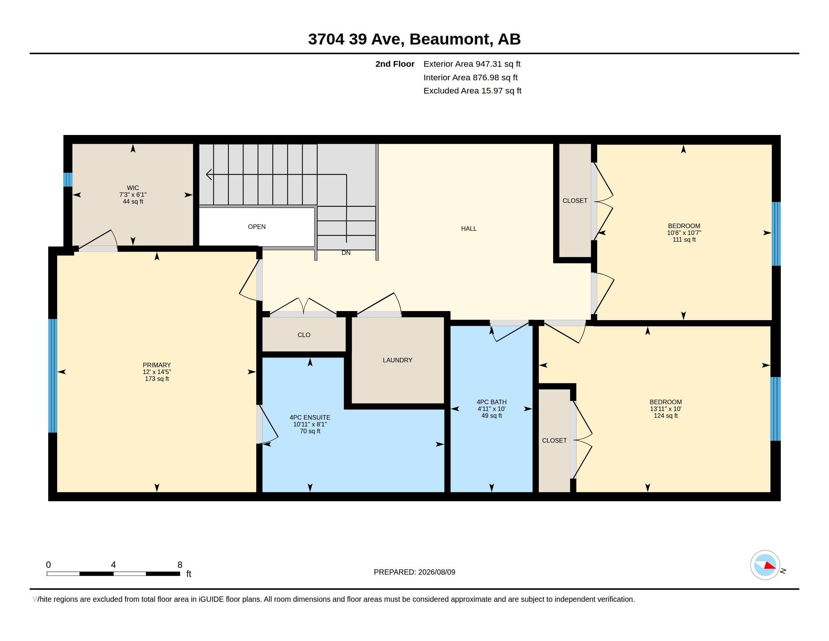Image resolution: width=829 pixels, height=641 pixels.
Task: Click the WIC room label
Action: tap(133, 188)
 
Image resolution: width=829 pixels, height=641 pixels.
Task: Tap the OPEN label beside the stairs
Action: tap(257, 227)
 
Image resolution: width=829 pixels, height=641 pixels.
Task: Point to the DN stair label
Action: tap(346, 253)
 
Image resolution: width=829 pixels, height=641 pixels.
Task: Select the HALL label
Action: tap(469, 228)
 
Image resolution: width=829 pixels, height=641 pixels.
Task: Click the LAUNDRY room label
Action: tap(398, 360)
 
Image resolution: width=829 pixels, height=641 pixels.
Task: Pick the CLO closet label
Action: tap(304, 335)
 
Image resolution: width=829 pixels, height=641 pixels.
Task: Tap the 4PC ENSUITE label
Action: tap(310, 417)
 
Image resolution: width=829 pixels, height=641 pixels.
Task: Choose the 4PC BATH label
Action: tap(491, 402)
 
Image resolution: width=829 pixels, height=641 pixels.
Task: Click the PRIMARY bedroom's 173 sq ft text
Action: tap(157, 379)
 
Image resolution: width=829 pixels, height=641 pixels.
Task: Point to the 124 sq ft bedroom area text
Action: tap(666, 416)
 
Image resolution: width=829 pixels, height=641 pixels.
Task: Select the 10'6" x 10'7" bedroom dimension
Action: tap(684, 233)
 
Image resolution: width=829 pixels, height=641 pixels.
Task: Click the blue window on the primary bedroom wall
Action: tap(53, 376)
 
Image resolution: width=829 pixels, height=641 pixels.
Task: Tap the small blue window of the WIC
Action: tap(67, 179)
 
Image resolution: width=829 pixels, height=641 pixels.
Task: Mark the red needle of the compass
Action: tap(770, 566)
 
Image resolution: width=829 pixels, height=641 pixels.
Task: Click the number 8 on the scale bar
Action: tap(180, 565)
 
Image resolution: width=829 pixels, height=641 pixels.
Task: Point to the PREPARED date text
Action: tap(414, 572)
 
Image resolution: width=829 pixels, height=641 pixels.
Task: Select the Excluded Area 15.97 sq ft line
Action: tap(472, 91)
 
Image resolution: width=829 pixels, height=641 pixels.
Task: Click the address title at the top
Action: tap(414, 39)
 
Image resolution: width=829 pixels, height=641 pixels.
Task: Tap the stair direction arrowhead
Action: tap(209, 174)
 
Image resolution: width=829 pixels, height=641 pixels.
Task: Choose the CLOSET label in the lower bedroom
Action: tap(554, 440)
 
